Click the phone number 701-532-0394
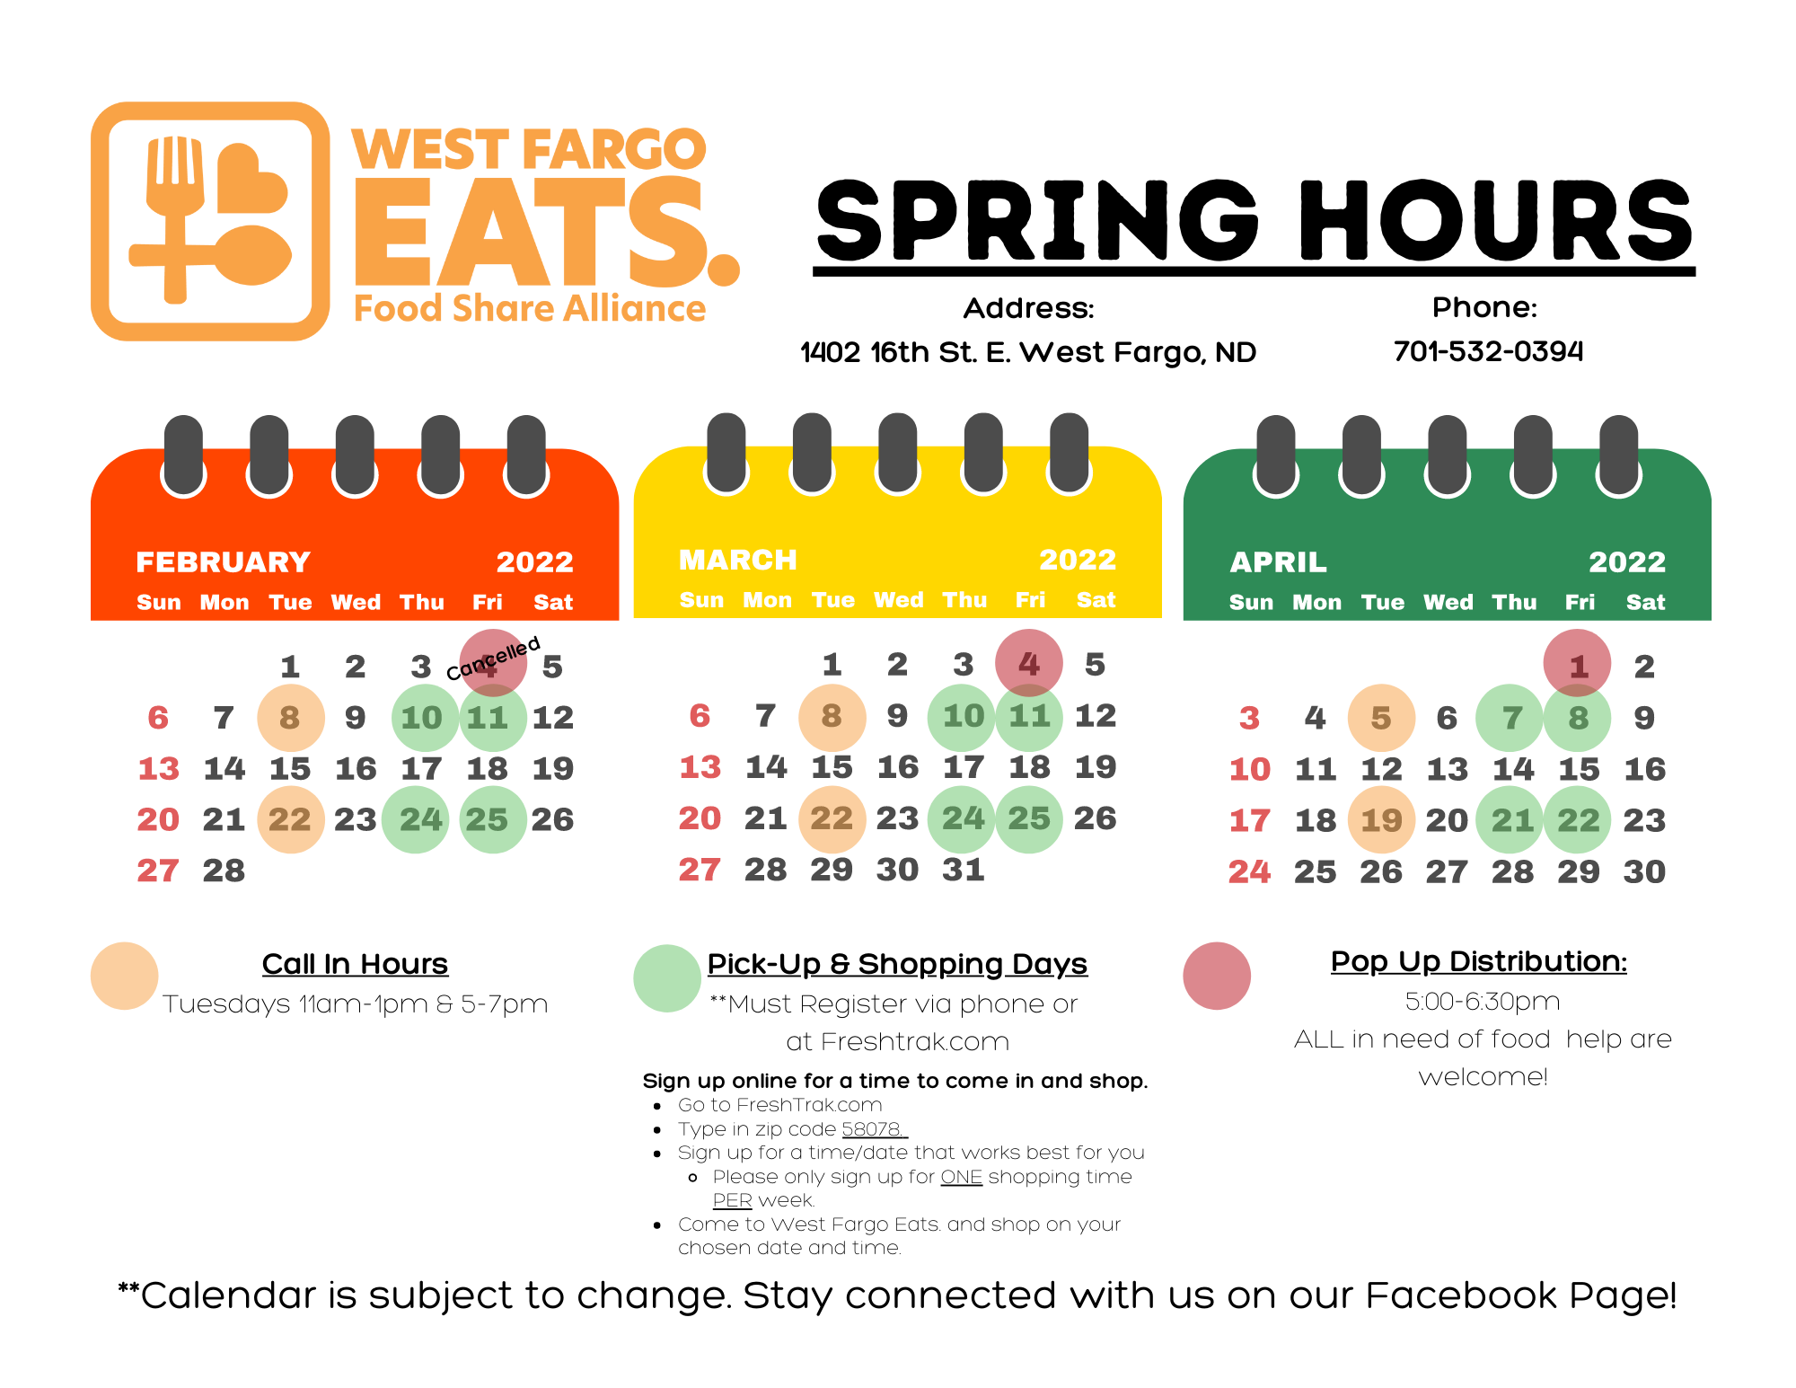point(1488,350)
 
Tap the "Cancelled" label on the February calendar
point(493,658)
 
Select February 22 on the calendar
point(290,819)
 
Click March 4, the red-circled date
point(1029,664)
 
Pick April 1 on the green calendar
point(1577,665)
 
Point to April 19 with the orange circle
point(1381,820)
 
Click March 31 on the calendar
point(964,870)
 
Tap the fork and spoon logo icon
point(211,221)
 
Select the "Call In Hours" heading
point(355,964)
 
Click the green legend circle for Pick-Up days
point(667,977)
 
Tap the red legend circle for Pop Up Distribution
point(1217,976)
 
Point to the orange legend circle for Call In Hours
point(125,976)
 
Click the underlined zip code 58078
point(873,1129)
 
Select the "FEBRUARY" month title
point(223,562)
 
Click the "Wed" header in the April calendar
point(1448,602)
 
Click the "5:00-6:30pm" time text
point(1483,1002)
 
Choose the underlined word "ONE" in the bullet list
point(961,1177)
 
